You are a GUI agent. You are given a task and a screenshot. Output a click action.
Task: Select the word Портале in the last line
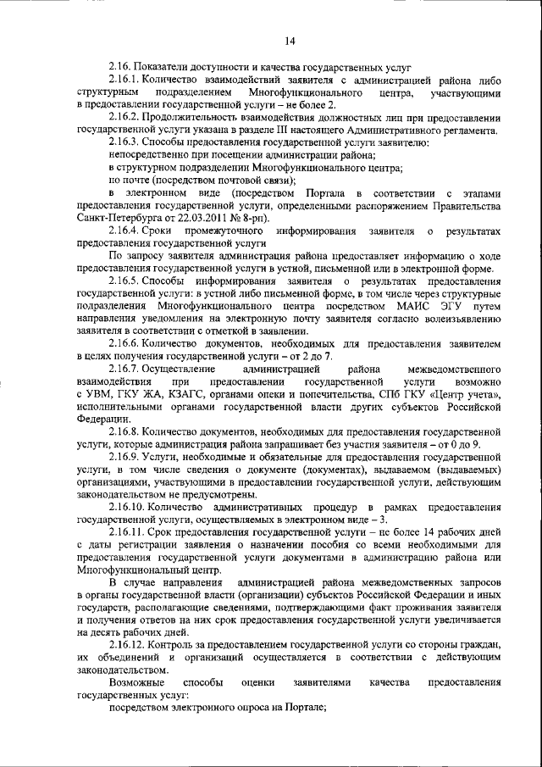[307, 709]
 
